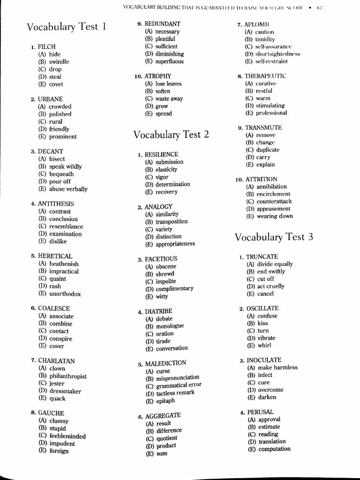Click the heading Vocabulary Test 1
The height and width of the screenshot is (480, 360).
coord(66,27)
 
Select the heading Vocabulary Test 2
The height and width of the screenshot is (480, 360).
coord(171,135)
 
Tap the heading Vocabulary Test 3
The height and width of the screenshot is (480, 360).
coord(274,237)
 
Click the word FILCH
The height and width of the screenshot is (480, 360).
coord(46,47)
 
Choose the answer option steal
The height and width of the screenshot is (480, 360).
coord(55,77)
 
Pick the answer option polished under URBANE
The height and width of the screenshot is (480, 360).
coord(60,114)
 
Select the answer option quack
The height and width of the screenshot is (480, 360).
coord(57,398)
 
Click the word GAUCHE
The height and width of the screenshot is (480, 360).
coord(51,413)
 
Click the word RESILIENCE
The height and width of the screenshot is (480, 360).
coord(161,155)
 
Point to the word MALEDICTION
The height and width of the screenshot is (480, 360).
coord(165,364)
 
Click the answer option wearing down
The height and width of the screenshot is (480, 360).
coord(274,216)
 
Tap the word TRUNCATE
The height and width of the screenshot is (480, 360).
coord(262,257)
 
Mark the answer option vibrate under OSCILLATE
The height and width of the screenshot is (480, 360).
coord(266,338)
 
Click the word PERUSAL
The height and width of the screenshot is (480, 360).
coord(260,412)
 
